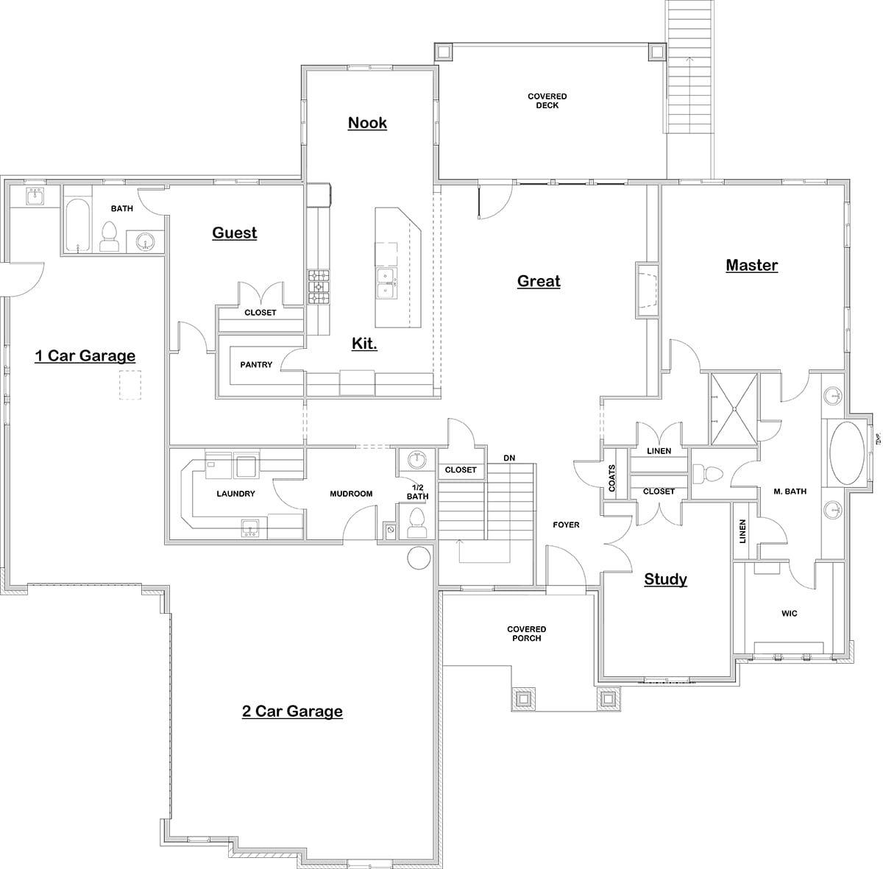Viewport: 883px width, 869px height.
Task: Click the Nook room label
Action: tap(367, 123)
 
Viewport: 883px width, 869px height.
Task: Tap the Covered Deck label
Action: tap(547, 101)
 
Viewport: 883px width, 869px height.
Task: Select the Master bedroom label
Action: tap(751, 266)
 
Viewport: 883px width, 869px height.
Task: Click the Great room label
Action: tap(539, 281)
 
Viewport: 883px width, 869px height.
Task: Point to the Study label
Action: tap(665, 579)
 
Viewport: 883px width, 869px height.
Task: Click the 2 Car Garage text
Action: tap(292, 712)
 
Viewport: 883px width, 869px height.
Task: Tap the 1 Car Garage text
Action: tap(85, 356)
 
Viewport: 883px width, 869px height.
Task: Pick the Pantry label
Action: tap(256, 365)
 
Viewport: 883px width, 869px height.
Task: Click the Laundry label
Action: tap(235, 494)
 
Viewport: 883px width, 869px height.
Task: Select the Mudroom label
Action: tap(351, 494)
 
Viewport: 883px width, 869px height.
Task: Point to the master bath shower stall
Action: tap(733, 409)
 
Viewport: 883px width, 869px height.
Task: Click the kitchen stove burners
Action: tap(319, 286)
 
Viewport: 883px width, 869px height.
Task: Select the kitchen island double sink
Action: tap(386, 284)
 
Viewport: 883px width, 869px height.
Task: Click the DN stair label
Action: tap(509, 458)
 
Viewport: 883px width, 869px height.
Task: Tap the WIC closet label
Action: tap(789, 613)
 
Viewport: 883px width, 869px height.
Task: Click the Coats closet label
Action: tap(612, 478)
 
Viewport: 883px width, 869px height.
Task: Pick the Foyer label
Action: tap(566, 525)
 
